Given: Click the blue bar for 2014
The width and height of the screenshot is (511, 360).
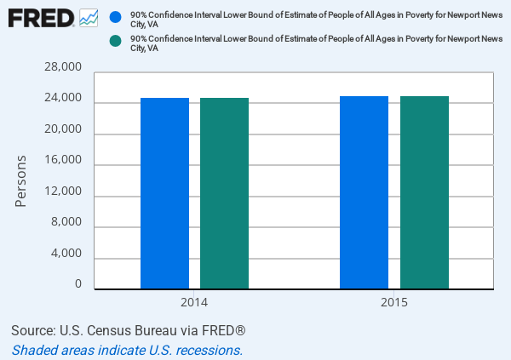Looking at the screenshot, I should point(164,193).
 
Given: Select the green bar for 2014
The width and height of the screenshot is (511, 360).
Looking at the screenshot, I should point(224,193).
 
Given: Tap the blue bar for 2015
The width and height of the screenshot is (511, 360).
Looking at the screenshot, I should point(364,192).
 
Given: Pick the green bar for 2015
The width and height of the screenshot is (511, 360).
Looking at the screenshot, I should point(424,192).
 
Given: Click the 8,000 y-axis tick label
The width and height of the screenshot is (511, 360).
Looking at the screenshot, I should point(65,222).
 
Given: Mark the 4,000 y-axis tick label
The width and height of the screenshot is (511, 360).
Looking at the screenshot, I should point(65,254).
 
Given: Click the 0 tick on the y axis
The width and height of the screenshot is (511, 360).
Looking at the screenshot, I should point(78,284).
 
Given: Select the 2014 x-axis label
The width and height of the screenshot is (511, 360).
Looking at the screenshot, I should point(194,303).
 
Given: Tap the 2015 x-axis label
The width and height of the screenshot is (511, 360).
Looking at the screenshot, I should point(393,303).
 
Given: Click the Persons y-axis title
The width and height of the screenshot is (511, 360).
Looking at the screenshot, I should point(21,180).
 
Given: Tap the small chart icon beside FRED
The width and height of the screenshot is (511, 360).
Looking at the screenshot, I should point(89,17).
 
